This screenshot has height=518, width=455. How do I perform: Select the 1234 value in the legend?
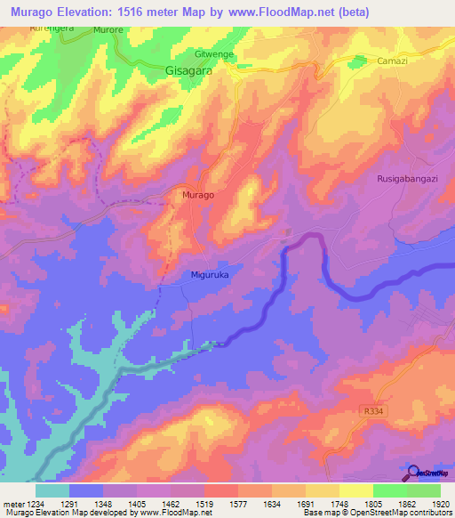(x=35, y=504)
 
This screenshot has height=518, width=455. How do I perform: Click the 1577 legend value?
(x=239, y=504)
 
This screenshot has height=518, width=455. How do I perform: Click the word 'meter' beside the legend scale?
(x=12, y=504)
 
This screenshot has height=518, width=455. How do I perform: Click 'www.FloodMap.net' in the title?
(x=285, y=11)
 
